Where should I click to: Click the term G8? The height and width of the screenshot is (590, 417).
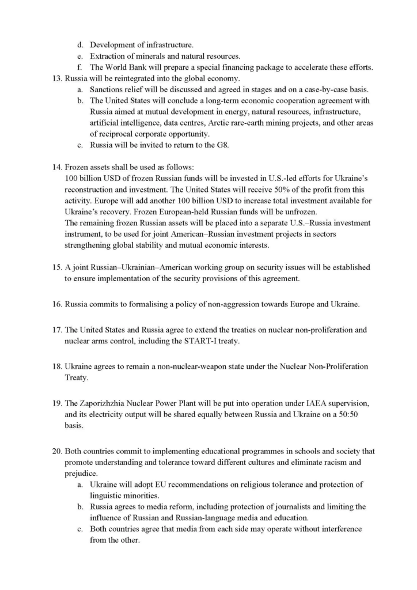click(x=222, y=145)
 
